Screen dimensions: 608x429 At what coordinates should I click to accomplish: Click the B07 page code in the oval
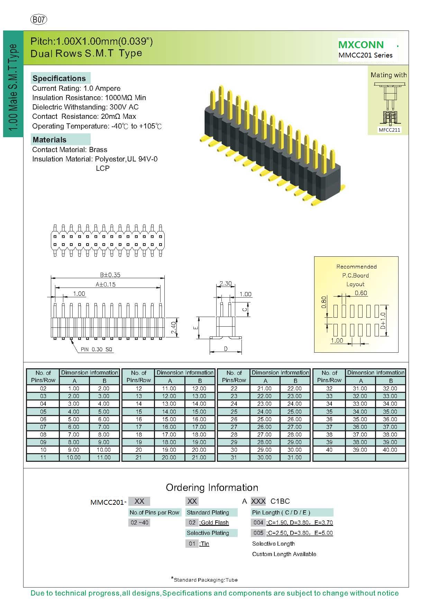click(x=39, y=20)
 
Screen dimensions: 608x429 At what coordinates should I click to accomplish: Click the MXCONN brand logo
click(x=361, y=45)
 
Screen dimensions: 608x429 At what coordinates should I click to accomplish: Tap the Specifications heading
click(x=59, y=78)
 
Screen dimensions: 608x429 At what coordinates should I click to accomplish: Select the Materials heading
click(x=49, y=140)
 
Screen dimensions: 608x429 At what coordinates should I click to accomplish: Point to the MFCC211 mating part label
click(x=389, y=130)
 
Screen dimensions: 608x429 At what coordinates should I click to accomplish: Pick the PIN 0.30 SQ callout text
click(x=97, y=350)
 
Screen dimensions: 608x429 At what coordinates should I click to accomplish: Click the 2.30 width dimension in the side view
click(x=226, y=283)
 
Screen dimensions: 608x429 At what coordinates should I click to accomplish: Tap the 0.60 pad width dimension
click(x=361, y=293)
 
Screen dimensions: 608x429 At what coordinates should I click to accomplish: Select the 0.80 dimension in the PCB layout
click(x=324, y=302)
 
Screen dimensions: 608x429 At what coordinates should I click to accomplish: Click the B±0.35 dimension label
click(x=110, y=275)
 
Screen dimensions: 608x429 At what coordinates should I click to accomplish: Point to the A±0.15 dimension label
click(x=106, y=284)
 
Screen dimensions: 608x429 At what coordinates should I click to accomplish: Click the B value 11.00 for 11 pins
click(x=104, y=457)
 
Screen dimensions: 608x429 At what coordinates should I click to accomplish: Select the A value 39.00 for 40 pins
click(x=360, y=450)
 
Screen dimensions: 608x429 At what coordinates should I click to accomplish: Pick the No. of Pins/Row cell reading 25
click(x=234, y=412)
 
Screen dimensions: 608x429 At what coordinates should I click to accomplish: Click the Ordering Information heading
click(x=212, y=487)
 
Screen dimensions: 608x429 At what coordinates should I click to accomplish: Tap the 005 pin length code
click(x=258, y=533)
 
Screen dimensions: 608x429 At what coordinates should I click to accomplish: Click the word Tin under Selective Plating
click(x=205, y=544)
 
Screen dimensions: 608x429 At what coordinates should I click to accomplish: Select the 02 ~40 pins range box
click(x=139, y=522)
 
